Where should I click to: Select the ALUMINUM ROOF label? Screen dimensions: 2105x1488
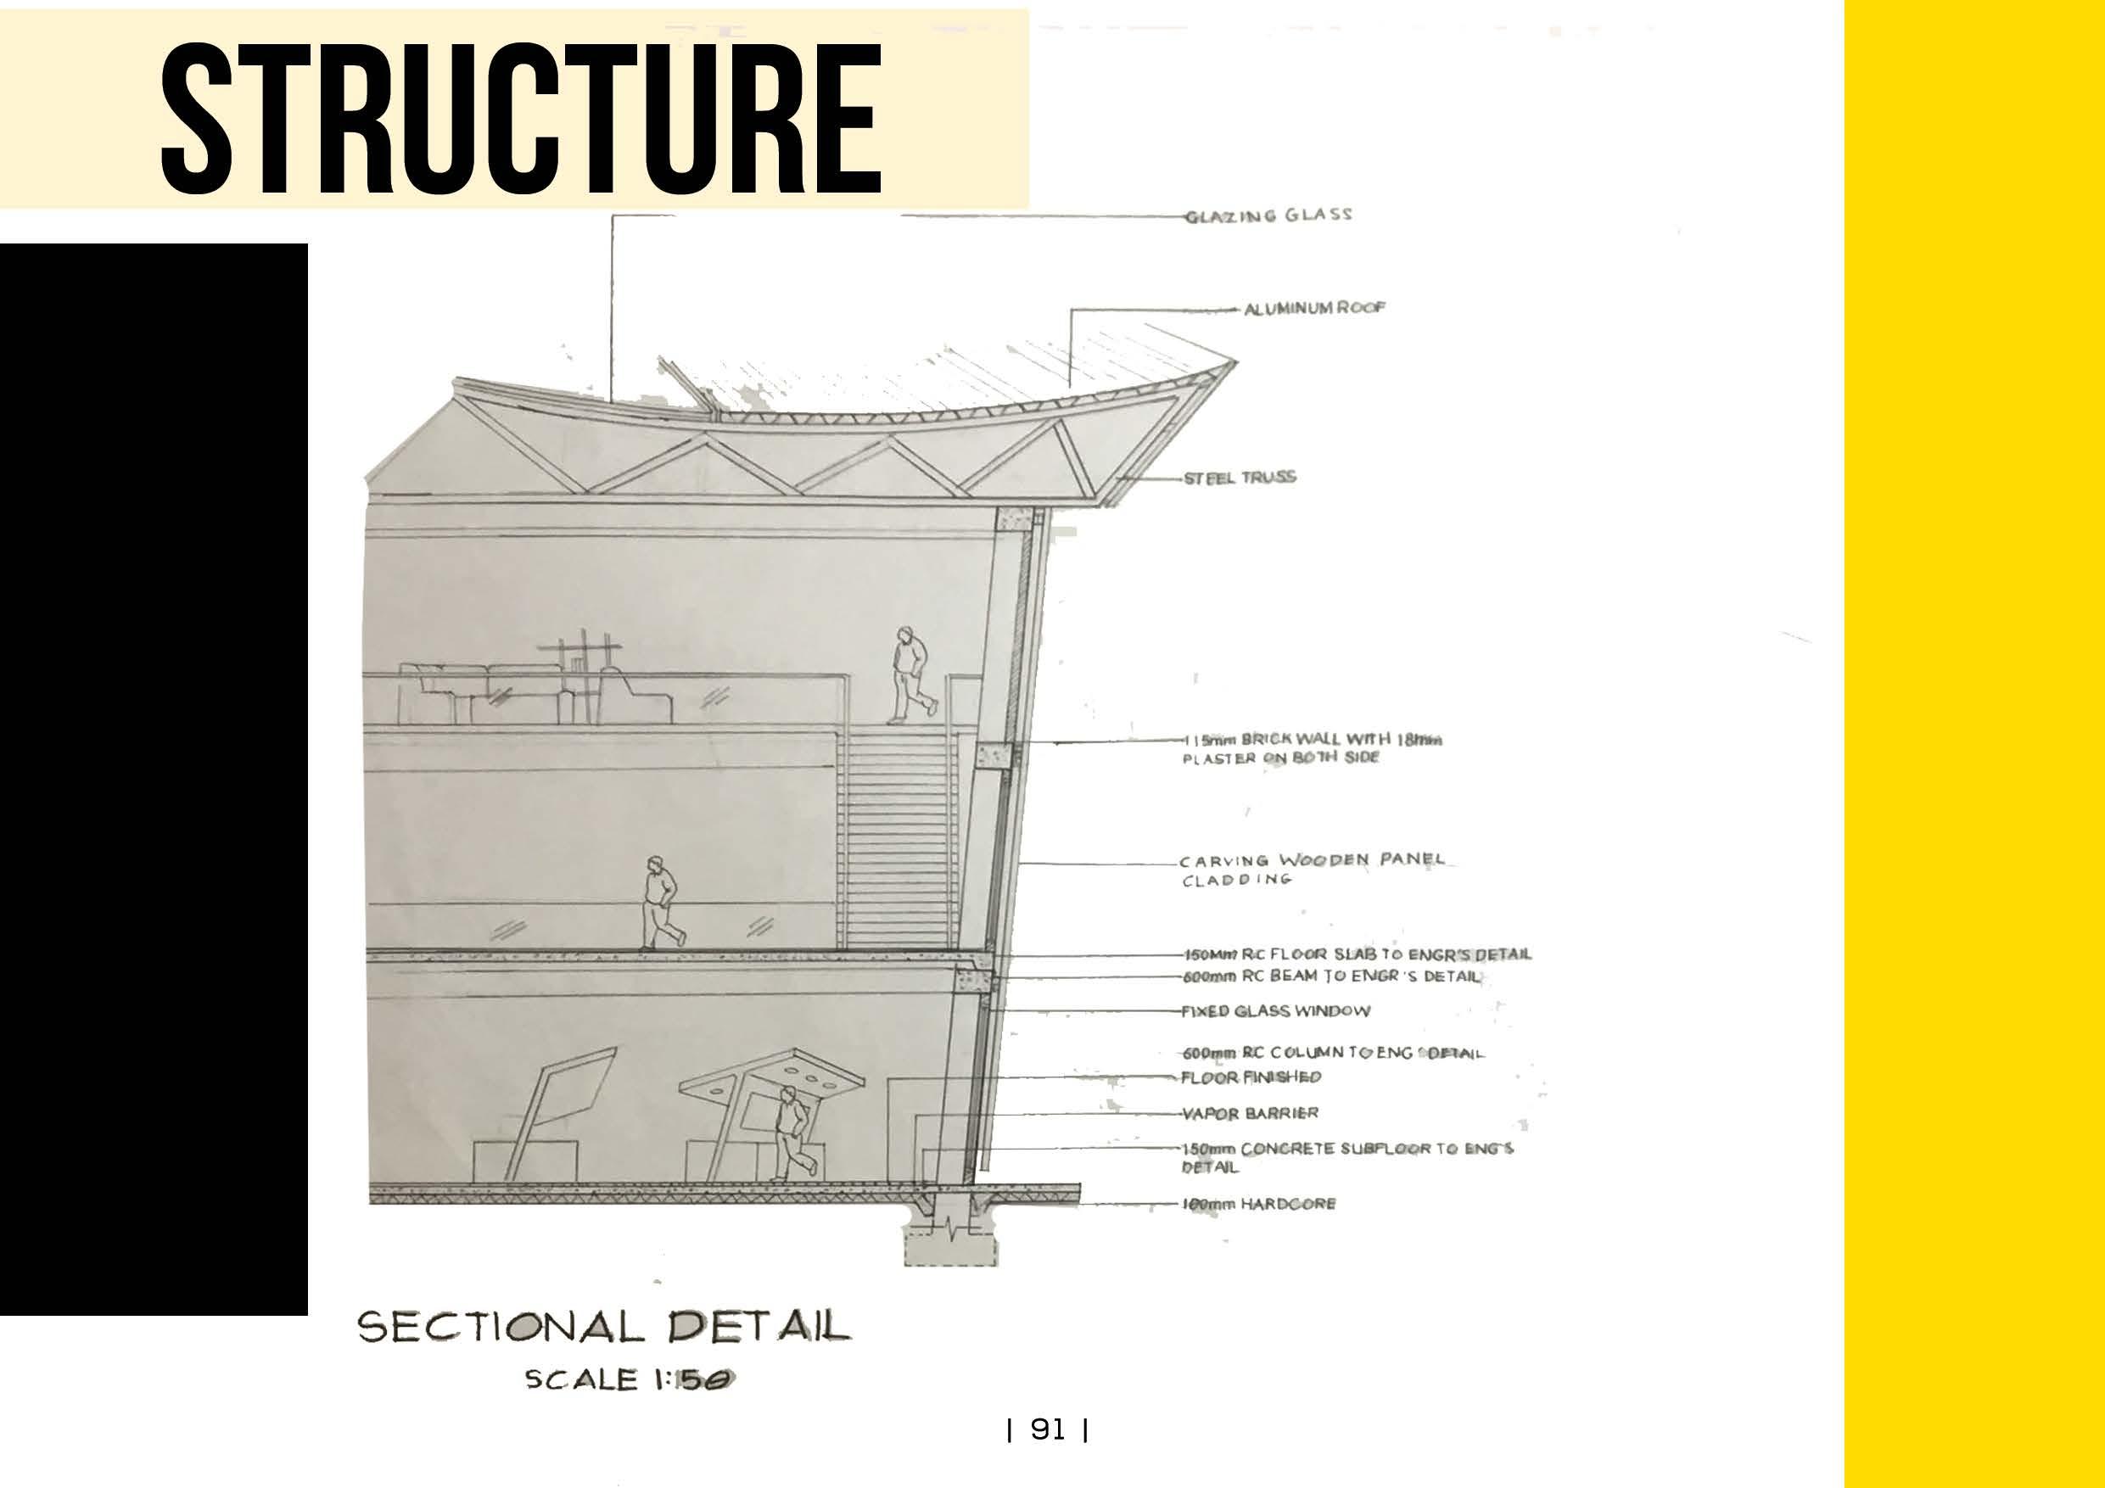tap(1313, 309)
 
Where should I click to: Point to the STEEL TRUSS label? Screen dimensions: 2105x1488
tap(1240, 478)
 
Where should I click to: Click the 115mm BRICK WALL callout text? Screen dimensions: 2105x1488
tap(1311, 748)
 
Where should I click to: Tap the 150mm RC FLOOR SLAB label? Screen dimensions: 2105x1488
tap(1357, 954)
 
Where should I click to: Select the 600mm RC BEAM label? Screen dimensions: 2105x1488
tap(1331, 976)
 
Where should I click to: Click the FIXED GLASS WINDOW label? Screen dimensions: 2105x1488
tap(1275, 1011)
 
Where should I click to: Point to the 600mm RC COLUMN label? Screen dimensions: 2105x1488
tap(1332, 1054)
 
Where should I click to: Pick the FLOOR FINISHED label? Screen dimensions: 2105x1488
tap(1251, 1077)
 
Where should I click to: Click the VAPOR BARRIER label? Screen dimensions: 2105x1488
tap(1250, 1114)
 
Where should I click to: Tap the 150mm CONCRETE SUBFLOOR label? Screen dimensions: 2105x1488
tap(1346, 1157)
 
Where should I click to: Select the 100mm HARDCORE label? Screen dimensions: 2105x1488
tap(1259, 1204)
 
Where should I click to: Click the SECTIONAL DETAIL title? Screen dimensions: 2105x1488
tap(603, 1327)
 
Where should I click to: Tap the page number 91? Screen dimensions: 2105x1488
tap(1048, 1429)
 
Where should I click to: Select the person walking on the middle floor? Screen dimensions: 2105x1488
tap(661, 903)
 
